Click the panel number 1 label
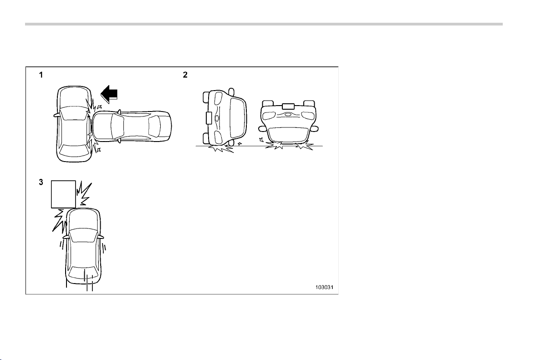pyautogui.click(x=41, y=75)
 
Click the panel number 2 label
pyautogui.click(x=185, y=75)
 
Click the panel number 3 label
pyautogui.click(x=41, y=182)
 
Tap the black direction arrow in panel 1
pyautogui.click(x=109, y=94)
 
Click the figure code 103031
pyautogui.click(x=324, y=287)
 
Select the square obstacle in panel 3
pyautogui.click(x=63, y=194)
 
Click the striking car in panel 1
pyautogui.click(x=132, y=126)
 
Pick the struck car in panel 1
pyautogui.click(x=74, y=124)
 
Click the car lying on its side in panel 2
pyautogui.click(x=225, y=117)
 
